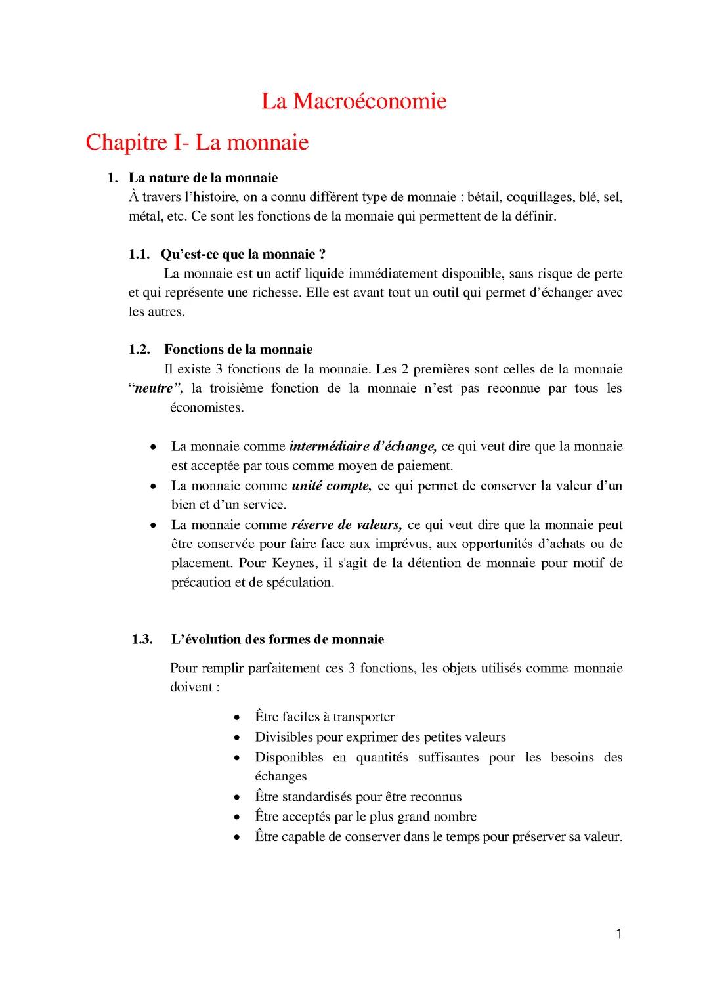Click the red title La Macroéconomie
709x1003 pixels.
354,101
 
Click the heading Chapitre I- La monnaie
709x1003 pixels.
197,142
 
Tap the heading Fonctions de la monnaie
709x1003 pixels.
238,349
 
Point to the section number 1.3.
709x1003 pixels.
142,639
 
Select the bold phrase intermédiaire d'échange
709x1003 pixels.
362,446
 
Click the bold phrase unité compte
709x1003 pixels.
332,486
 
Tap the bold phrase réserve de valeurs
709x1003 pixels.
346,524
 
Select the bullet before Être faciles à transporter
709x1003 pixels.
237,717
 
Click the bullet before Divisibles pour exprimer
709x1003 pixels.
237,737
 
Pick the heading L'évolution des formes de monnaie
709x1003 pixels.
278,639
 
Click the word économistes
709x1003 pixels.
206,407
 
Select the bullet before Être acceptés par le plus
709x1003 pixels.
237,817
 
